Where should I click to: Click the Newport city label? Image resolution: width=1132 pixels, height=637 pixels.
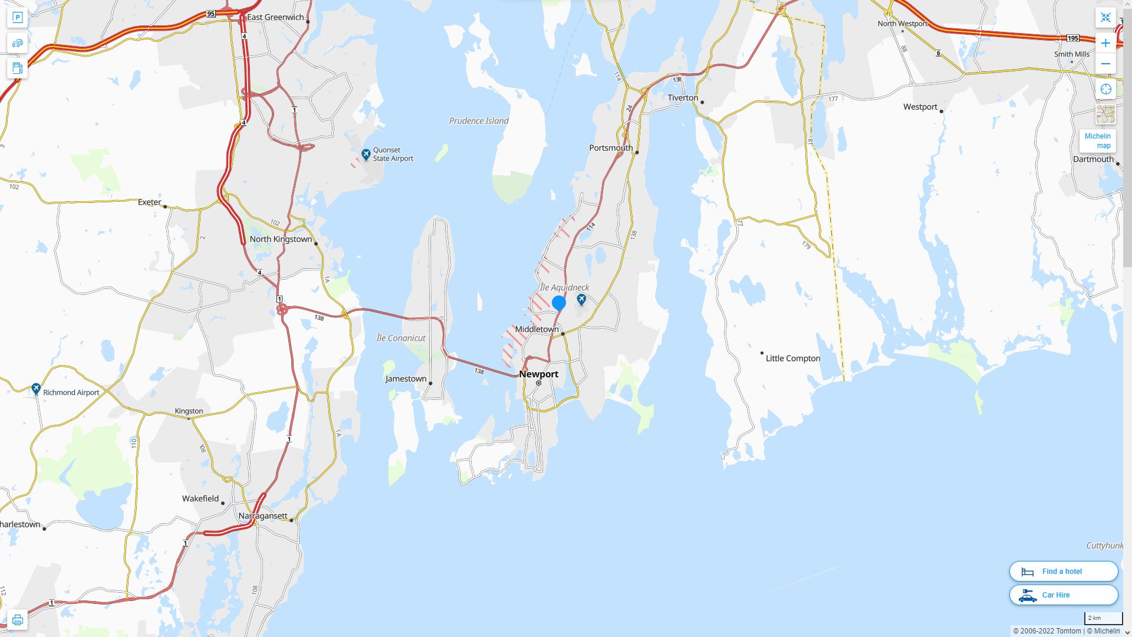tap(538, 374)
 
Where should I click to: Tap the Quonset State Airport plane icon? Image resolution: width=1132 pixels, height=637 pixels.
tap(366, 155)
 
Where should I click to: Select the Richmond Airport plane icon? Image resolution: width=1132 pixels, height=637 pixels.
tap(36, 389)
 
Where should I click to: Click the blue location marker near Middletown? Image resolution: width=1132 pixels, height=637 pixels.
tap(559, 303)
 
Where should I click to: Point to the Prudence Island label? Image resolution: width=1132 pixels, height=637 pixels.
tap(478, 121)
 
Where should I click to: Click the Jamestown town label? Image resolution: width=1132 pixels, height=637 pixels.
tap(406, 379)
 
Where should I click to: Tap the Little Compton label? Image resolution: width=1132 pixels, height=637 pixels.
tap(792, 358)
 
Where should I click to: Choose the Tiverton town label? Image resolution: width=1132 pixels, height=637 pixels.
tap(682, 98)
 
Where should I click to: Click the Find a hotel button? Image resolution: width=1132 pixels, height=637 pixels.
tap(1063, 571)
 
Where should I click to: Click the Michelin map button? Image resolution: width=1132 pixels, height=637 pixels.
tap(1097, 140)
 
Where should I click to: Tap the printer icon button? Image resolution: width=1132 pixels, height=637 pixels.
tap(17, 619)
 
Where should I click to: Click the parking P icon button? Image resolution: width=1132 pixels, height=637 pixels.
tap(17, 18)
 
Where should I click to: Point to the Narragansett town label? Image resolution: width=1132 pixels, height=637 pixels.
tap(262, 515)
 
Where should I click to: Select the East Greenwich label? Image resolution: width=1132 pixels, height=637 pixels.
tap(275, 17)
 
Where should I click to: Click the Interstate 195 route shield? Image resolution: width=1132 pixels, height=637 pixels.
tap(1072, 38)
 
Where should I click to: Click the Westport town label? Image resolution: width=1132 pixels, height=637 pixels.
tap(920, 107)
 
